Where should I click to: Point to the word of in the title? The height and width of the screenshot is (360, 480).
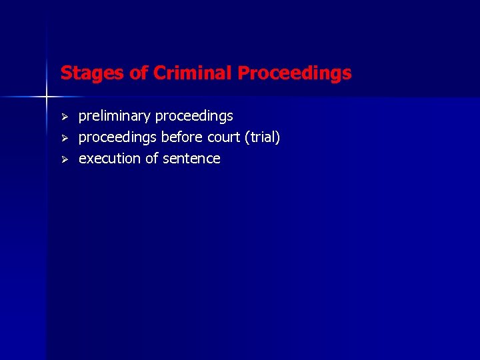click(139, 73)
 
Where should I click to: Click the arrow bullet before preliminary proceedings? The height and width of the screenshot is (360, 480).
click(65, 117)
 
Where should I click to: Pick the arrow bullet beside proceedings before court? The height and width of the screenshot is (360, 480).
click(65, 138)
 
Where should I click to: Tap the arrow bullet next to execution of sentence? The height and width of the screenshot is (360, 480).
click(65, 159)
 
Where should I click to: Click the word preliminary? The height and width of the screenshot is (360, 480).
click(115, 117)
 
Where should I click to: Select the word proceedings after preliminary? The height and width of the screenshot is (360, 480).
click(194, 117)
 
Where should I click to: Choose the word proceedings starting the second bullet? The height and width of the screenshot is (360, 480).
click(118, 138)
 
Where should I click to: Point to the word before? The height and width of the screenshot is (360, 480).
click(180, 138)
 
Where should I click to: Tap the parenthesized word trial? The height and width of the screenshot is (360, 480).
click(263, 138)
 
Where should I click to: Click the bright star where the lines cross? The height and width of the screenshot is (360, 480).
click(47, 97)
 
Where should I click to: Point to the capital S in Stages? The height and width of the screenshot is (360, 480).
click(65, 73)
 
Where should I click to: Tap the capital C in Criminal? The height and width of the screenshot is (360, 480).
click(159, 73)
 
